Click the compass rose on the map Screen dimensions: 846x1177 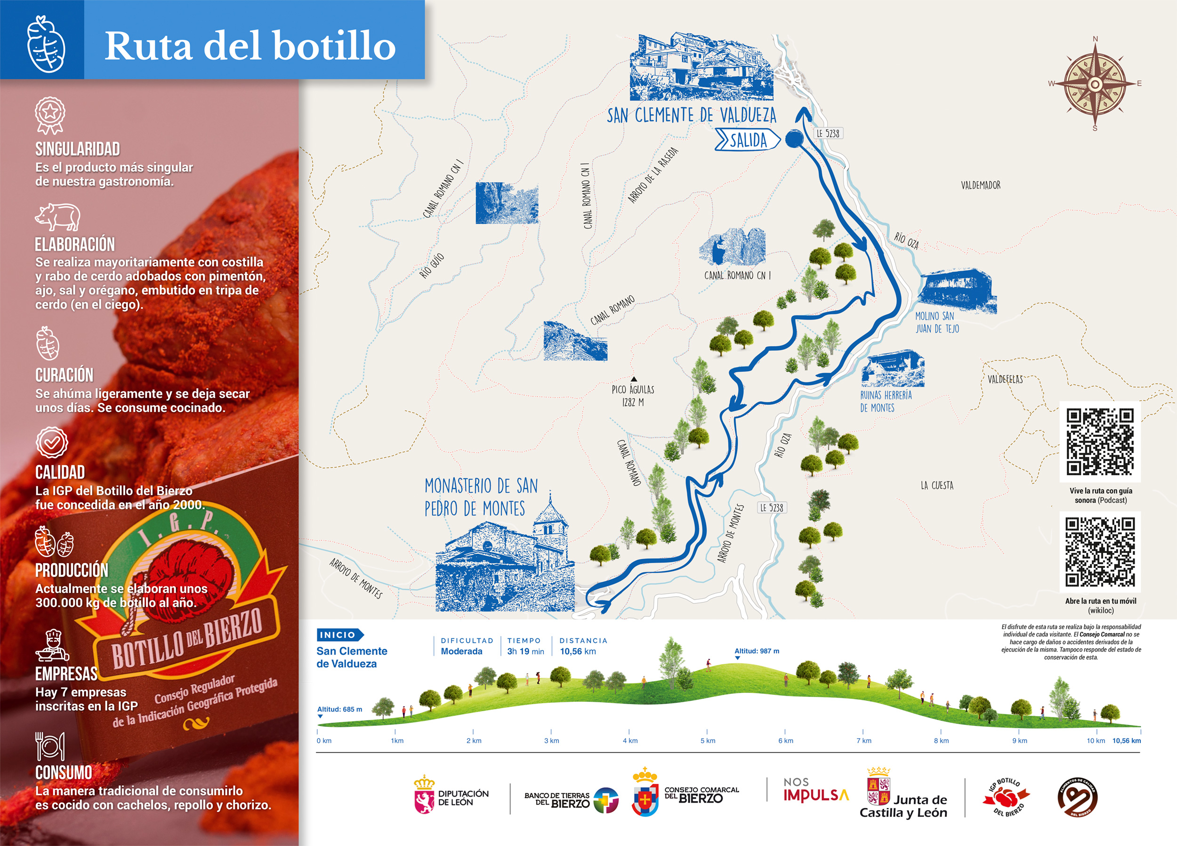(x=1095, y=84)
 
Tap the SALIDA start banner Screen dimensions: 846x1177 (x=747, y=140)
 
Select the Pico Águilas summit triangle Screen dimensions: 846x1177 (x=634, y=379)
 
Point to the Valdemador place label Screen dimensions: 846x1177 (x=980, y=186)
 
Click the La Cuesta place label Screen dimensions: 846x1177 (x=937, y=486)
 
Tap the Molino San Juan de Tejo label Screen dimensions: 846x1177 (x=937, y=323)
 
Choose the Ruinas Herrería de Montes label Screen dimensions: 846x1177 (x=886, y=401)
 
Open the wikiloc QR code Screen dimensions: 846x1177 (x=1100, y=552)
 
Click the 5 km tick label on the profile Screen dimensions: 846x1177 (x=707, y=740)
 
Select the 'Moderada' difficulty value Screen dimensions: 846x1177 (x=461, y=652)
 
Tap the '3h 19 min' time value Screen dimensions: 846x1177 (x=525, y=652)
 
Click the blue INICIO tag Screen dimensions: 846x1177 (x=339, y=634)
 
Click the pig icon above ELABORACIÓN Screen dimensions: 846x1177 (x=57, y=217)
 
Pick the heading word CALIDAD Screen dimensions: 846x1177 (x=60, y=472)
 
